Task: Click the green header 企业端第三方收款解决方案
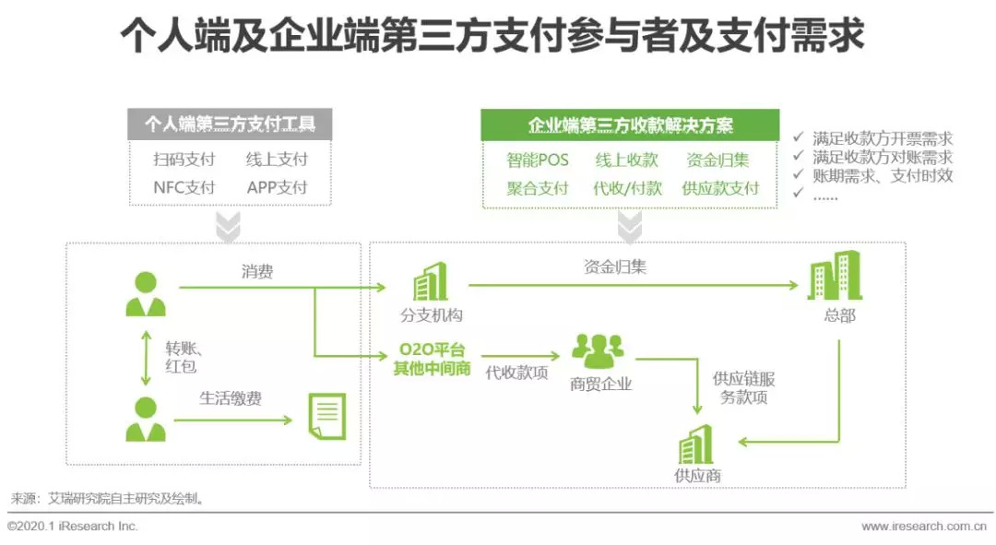630,125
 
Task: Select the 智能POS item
538,160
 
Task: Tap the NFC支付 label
184,187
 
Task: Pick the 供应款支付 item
720,188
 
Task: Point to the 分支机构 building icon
430,281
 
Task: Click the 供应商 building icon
696,445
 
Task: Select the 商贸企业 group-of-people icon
599,351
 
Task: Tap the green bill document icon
326,416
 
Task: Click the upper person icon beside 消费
145,294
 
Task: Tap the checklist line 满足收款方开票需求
882,139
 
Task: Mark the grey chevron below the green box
630,227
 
